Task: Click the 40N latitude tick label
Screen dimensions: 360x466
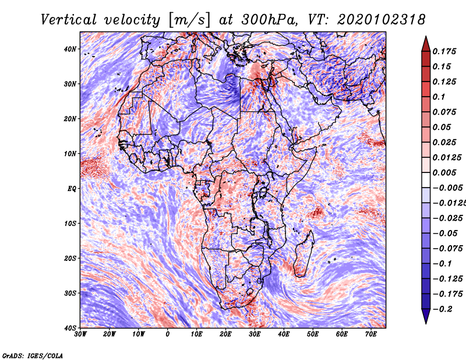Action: [70, 49]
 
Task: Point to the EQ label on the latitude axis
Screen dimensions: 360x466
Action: [72, 188]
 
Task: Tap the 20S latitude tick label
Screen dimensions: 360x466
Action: [70, 258]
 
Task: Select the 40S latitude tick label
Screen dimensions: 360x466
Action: [70, 327]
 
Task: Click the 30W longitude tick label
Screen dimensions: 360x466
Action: [80, 334]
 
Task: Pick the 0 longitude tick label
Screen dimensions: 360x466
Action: [168, 334]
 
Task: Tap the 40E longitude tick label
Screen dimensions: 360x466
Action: [284, 334]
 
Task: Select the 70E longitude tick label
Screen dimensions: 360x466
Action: [371, 334]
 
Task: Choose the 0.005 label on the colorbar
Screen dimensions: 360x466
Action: [446, 173]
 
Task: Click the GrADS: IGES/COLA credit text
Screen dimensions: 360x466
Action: [33, 354]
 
